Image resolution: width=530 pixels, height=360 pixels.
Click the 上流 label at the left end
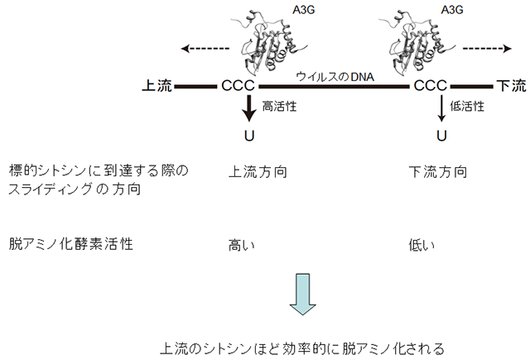pyautogui.click(x=158, y=86)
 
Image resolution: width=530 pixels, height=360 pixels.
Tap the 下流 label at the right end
pyautogui.click(x=509, y=86)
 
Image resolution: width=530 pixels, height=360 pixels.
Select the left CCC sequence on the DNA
pyautogui.click(x=238, y=86)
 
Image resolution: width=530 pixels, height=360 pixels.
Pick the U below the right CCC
pyautogui.click(x=441, y=136)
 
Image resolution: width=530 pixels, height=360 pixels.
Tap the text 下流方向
pyautogui.click(x=438, y=173)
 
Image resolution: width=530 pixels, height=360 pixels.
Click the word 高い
pyautogui.click(x=241, y=245)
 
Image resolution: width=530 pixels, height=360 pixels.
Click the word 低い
pyautogui.click(x=422, y=245)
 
